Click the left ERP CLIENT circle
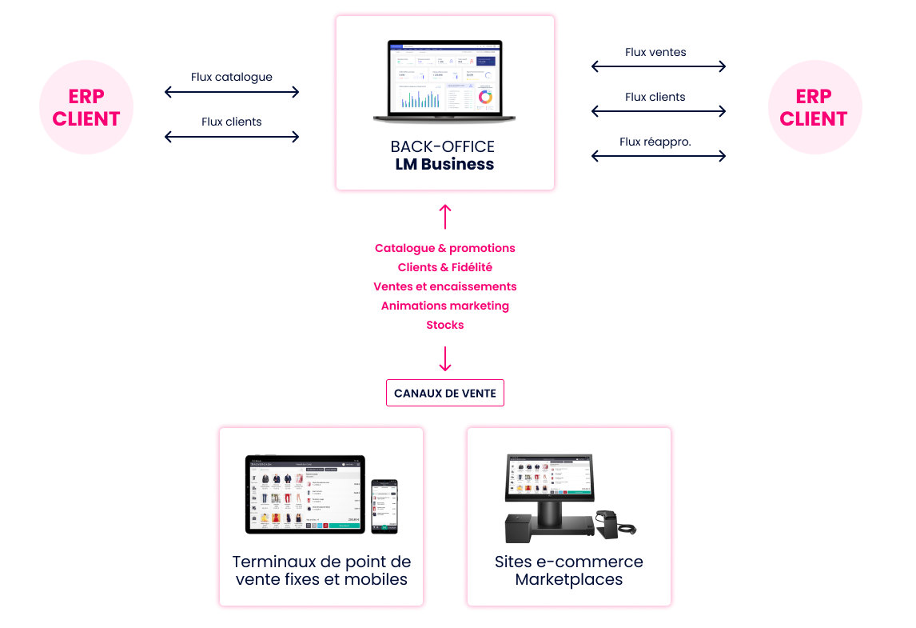pos(86,106)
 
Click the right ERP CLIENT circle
pos(814,106)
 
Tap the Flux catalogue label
pos(232,78)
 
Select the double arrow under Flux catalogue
pos(232,92)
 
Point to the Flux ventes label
pos(655,52)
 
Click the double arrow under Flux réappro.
pos(659,156)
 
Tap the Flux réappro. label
pos(655,142)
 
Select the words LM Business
pos(444,165)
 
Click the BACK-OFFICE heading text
pos(443,146)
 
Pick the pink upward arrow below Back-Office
pos(445,216)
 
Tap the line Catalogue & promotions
pos(445,248)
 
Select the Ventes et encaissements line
pos(445,286)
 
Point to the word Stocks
pos(445,324)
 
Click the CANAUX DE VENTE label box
pos(445,394)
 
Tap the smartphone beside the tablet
pos(384,506)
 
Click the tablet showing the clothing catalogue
pos(305,494)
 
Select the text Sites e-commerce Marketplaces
pos(568,570)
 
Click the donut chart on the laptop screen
pos(484,97)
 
